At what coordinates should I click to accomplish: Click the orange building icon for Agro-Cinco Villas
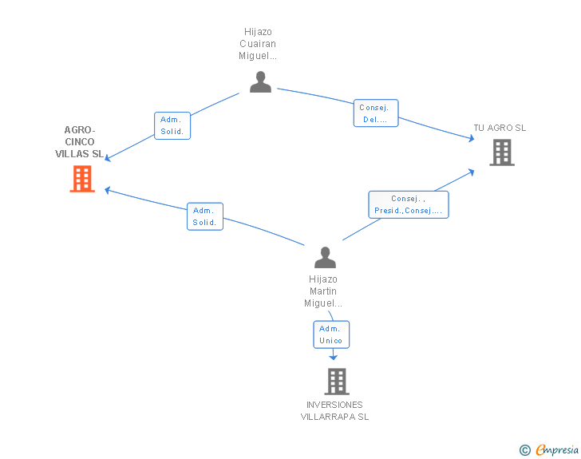pyautogui.click(x=82, y=179)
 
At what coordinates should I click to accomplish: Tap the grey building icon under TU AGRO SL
pyautogui.click(x=502, y=152)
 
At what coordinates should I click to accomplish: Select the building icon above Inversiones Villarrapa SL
pyautogui.click(x=337, y=382)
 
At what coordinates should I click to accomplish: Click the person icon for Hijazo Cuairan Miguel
pyautogui.click(x=260, y=82)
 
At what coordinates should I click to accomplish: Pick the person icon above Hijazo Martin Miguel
pyautogui.click(x=325, y=257)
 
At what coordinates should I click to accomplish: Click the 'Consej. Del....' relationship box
pyautogui.click(x=376, y=113)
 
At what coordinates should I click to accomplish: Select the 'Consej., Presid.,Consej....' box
pyautogui.click(x=409, y=204)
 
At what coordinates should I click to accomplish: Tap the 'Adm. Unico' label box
pyautogui.click(x=331, y=334)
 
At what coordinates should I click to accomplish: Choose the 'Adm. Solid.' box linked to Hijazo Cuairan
pyautogui.click(x=172, y=125)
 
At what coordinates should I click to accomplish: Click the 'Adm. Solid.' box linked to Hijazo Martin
pyautogui.click(x=205, y=216)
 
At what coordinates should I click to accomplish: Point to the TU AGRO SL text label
pyautogui.click(x=500, y=128)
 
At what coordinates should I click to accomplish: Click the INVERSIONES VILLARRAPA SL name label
pyautogui.click(x=334, y=411)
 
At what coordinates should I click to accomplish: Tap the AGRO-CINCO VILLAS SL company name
pyautogui.click(x=79, y=141)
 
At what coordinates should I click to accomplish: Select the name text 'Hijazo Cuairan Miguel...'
pyautogui.click(x=258, y=44)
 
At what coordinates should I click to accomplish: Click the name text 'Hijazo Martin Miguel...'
pyautogui.click(x=323, y=291)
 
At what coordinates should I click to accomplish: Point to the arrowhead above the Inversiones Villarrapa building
pyautogui.click(x=333, y=357)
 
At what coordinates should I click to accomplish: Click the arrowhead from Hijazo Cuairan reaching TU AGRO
pyautogui.click(x=472, y=138)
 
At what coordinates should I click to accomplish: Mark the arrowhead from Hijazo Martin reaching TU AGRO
pyautogui.click(x=472, y=172)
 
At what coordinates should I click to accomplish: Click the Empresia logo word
pyautogui.click(x=557, y=449)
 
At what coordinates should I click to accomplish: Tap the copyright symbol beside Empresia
pyautogui.click(x=525, y=450)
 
